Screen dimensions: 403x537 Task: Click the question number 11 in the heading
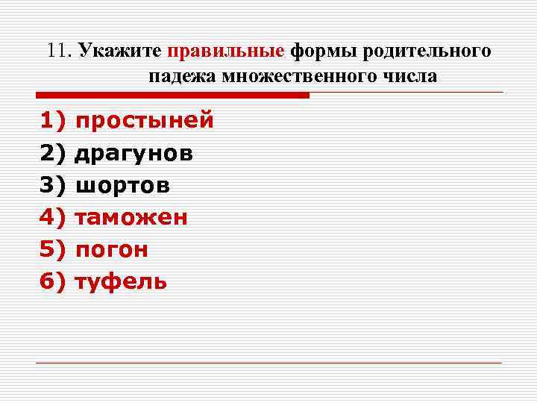[x=57, y=51]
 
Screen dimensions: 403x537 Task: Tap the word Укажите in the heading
[x=121, y=51]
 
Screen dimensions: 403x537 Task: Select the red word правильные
[x=226, y=51]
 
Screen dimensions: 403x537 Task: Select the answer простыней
[x=145, y=121]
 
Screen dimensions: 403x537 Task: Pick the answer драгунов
[x=134, y=153]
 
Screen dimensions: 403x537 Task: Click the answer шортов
[x=123, y=185]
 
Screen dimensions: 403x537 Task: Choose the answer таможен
[x=131, y=218]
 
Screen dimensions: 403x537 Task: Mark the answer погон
[x=112, y=250]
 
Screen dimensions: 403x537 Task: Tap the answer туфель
[x=122, y=282]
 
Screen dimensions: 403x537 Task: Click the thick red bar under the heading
[x=172, y=96]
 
